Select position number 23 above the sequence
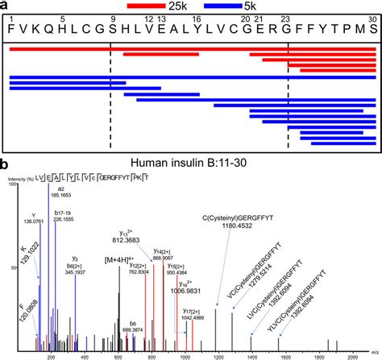click(286, 18)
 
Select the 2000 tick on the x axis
click(350, 354)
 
